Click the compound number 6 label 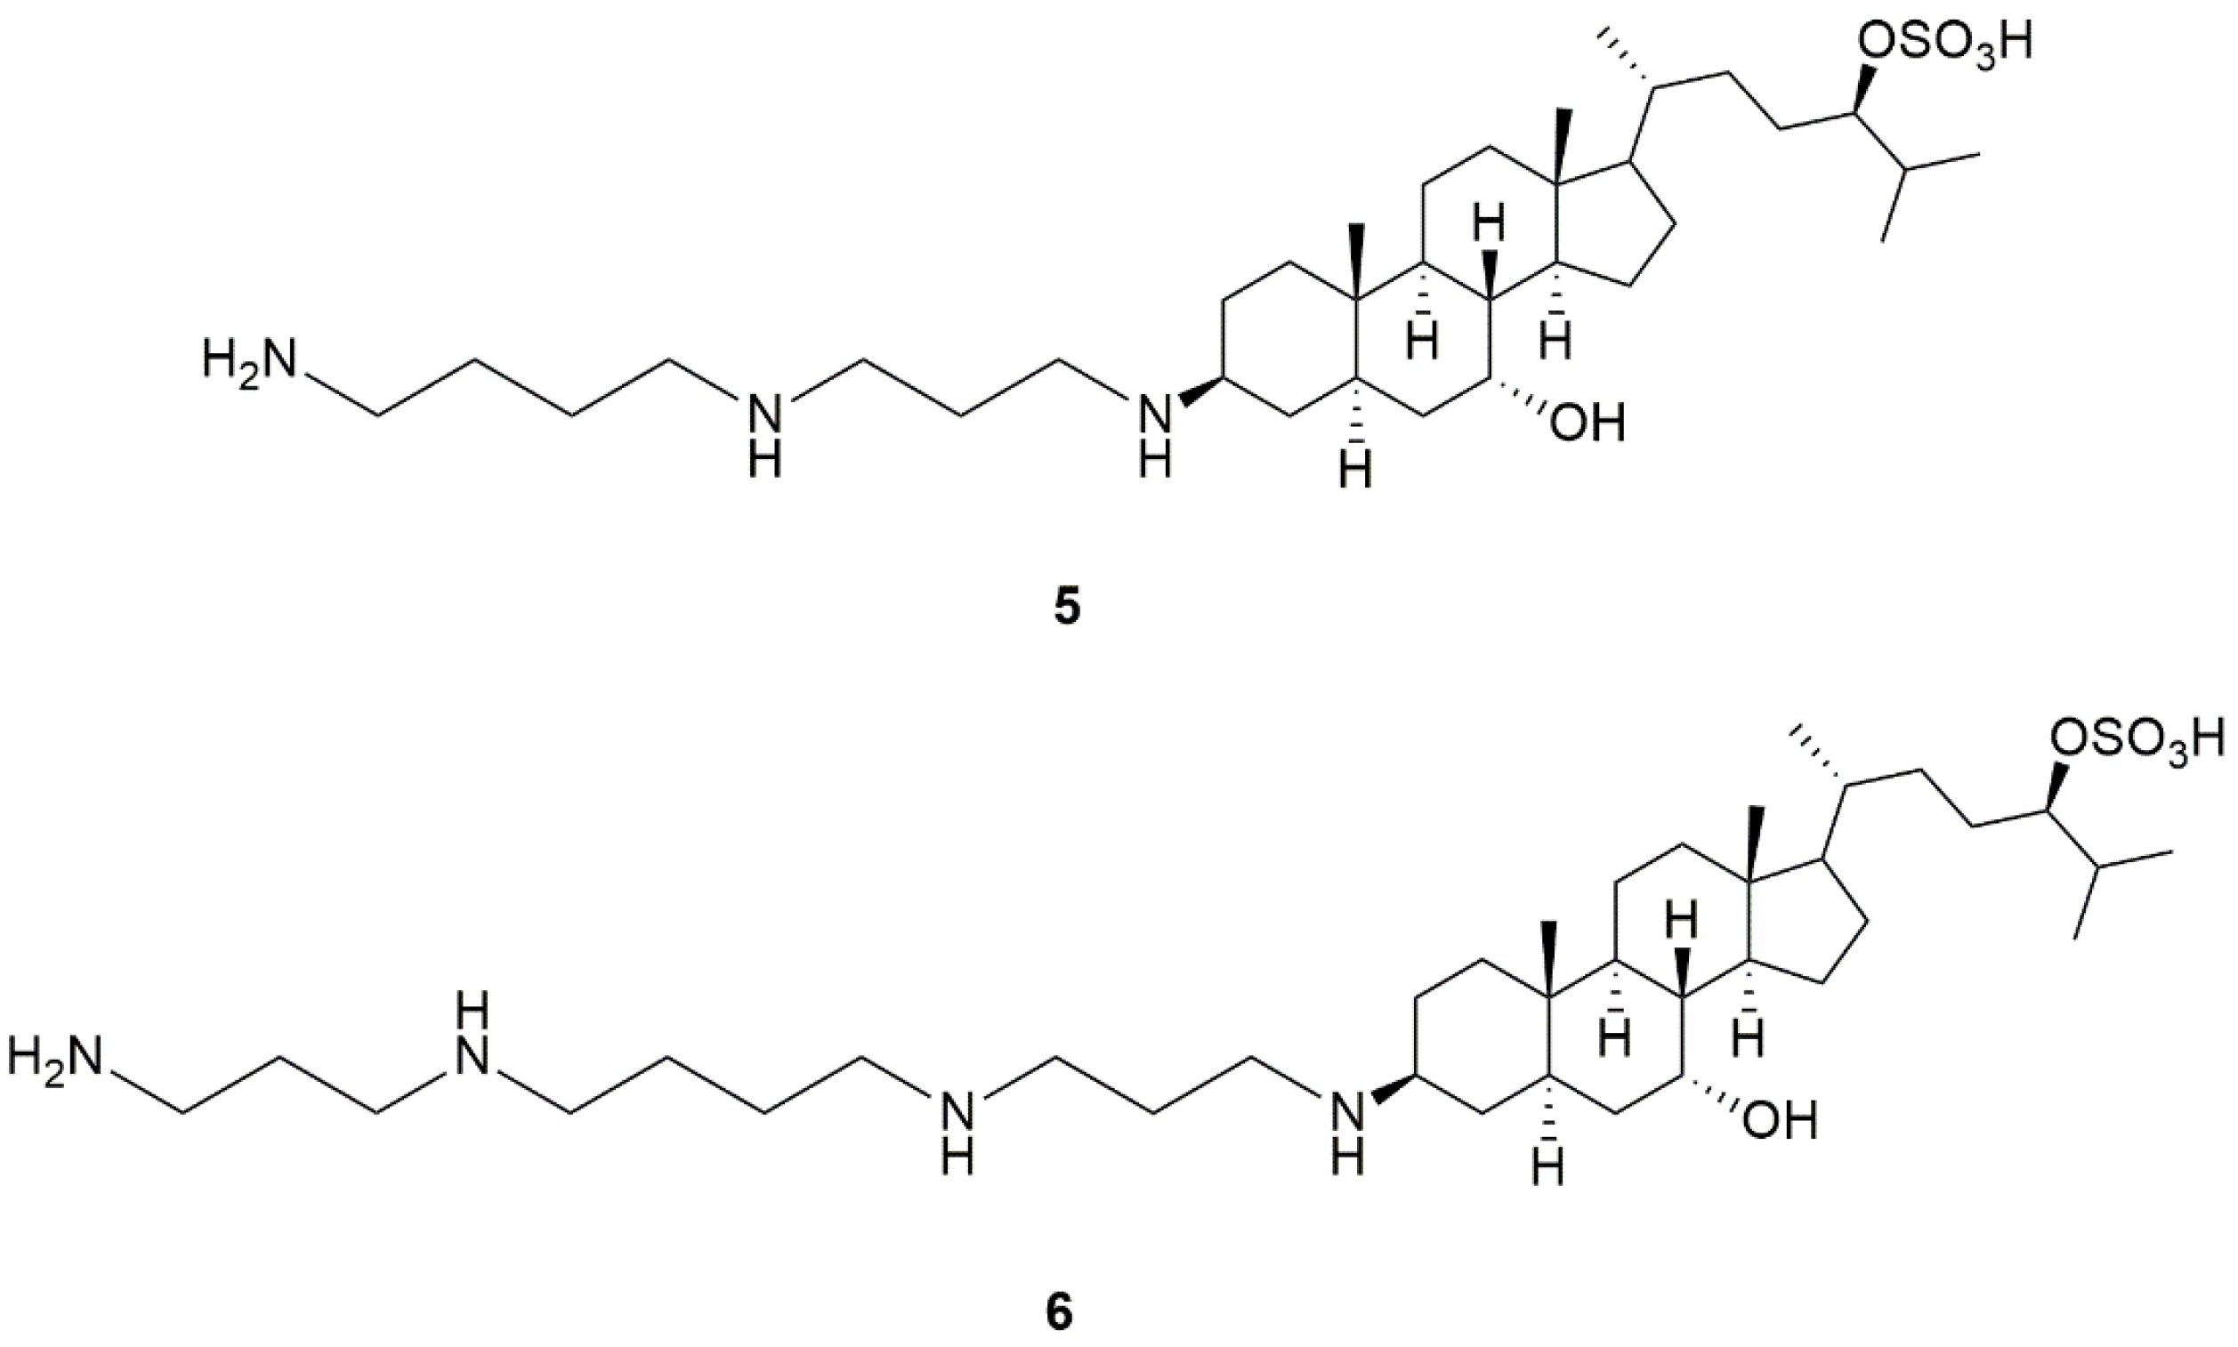pyautogui.click(x=1059, y=1313)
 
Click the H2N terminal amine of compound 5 pyautogui.click(x=249, y=359)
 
